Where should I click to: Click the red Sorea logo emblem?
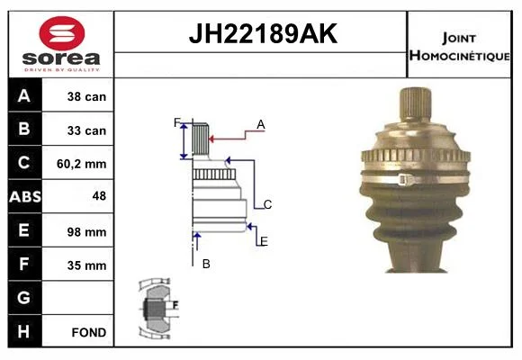point(62,33)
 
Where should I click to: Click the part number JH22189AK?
point(263,33)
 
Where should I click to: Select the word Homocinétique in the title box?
point(460,55)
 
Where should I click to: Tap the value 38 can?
point(86,96)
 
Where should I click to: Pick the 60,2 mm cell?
point(82,164)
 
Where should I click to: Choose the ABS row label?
point(25,196)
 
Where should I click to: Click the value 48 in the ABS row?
point(99,196)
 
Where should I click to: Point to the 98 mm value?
point(86,232)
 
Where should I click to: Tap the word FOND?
point(89,332)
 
